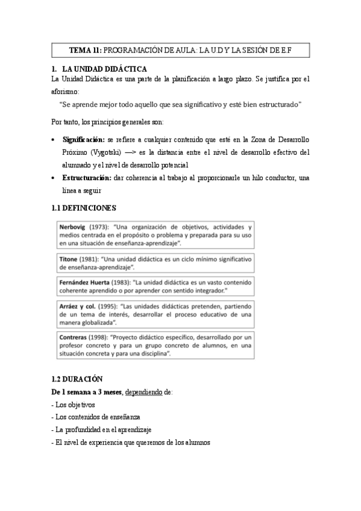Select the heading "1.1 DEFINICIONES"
[84, 208]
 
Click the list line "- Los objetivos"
[74, 405]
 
